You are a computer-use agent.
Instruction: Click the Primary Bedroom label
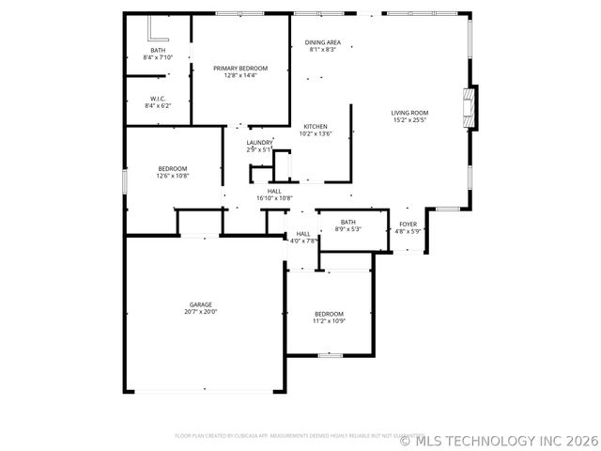(x=239, y=69)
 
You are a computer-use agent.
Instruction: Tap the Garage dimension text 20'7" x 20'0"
(x=200, y=312)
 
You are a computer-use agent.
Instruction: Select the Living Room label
(x=408, y=113)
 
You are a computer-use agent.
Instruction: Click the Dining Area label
(x=322, y=42)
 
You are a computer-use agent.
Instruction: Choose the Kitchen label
(x=315, y=126)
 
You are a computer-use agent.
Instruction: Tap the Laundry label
(x=259, y=143)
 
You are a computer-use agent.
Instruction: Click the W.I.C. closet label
(x=158, y=99)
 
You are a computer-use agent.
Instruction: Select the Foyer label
(x=408, y=224)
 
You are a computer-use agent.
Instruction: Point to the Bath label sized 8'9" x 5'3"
(x=348, y=222)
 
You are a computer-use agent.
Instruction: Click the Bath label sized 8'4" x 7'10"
(x=158, y=50)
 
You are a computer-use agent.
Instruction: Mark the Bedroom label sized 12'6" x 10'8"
(x=172, y=168)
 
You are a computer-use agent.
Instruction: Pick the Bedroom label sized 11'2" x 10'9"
(x=329, y=314)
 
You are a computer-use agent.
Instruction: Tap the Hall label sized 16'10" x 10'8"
(x=273, y=191)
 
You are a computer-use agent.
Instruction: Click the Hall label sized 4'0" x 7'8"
(x=303, y=234)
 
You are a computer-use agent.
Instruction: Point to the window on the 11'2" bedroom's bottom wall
(x=330, y=355)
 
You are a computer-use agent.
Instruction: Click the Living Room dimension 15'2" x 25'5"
(x=408, y=120)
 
